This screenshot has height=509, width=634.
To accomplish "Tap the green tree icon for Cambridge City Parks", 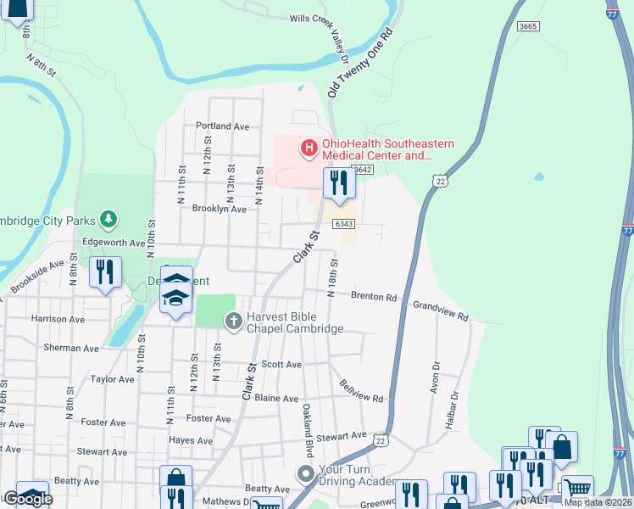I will click(x=108, y=221).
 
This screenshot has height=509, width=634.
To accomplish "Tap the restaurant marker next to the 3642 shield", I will click(x=339, y=183).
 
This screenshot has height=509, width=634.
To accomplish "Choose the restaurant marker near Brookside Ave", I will click(x=105, y=273).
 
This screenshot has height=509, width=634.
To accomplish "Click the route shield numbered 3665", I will click(x=528, y=27).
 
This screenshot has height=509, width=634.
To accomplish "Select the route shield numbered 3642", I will click(x=363, y=170).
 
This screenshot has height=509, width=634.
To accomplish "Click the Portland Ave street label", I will click(x=222, y=126).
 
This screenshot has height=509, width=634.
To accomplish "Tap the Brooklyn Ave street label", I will click(x=219, y=209).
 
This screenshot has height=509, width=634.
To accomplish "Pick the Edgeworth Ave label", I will click(x=114, y=243).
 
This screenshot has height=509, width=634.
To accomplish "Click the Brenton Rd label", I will click(x=374, y=297).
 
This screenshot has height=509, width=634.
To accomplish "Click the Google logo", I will click(x=27, y=499).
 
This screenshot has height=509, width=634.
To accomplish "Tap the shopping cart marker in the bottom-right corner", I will click(x=577, y=489).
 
